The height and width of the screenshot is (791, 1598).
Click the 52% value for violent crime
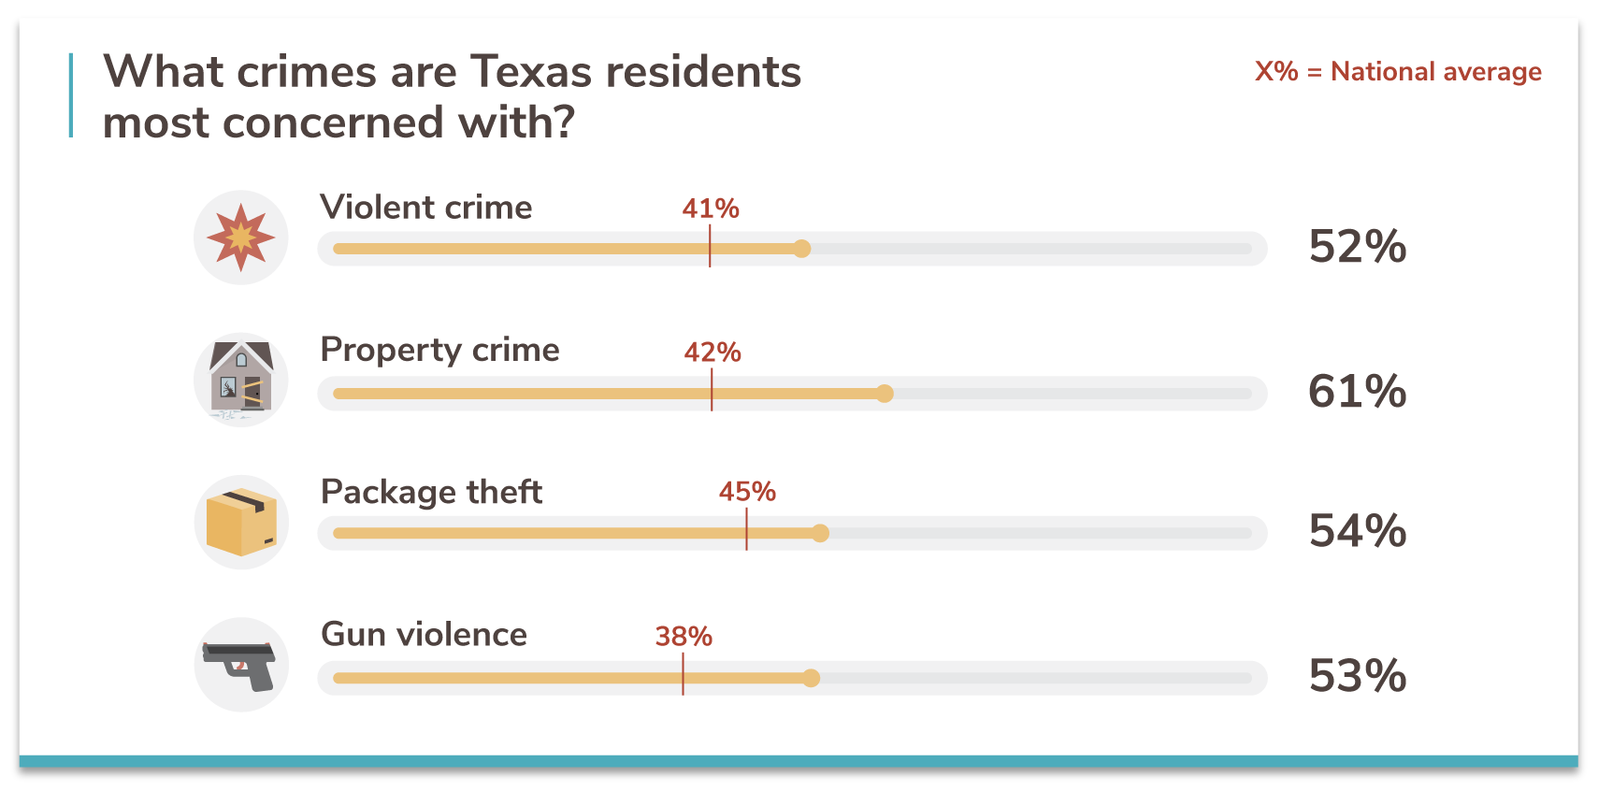[1357, 247]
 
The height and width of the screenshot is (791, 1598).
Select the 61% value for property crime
[1357, 391]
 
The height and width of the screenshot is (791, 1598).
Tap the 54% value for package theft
[1357, 531]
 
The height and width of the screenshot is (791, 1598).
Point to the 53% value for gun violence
[1357, 675]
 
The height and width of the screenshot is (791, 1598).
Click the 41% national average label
[711, 209]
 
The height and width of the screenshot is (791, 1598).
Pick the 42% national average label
[713, 352]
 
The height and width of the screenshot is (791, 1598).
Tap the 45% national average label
[747, 492]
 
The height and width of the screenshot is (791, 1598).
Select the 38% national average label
[684, 637]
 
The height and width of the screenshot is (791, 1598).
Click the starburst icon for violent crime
[241, 237]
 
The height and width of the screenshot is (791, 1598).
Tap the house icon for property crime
[241, 380]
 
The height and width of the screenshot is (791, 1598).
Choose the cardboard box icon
[241, 522]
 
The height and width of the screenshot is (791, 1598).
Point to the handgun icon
[240, 664]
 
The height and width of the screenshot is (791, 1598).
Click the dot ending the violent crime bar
[801, 249]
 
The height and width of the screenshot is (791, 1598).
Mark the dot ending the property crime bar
[885, 394]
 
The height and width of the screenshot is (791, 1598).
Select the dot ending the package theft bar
[820, 533]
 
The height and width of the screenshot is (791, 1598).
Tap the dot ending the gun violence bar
[812, 678]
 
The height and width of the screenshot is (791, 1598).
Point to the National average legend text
[1435, 72]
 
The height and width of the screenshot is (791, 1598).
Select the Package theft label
[431, 492]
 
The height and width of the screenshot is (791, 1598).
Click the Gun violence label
[424, 635]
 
